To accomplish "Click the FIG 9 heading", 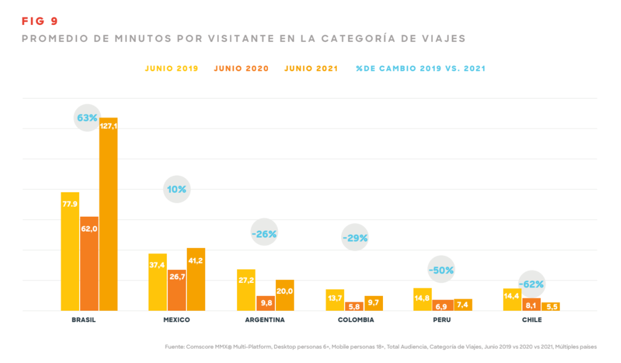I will tap(40, 21).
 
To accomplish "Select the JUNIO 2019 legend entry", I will tap(171, 68).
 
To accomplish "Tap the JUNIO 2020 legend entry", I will tap(241, 68).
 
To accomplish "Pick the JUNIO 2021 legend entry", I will tap(311, 68).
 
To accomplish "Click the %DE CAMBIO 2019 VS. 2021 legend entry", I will tap(421, 68).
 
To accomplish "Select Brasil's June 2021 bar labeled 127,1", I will tap(109, 214).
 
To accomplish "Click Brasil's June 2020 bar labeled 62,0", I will tap(89, 264).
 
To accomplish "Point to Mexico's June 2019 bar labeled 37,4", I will tap(158, 282).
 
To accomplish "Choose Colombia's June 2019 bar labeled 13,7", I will tap(335, 300).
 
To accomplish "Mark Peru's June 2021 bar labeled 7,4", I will tap(463, 305).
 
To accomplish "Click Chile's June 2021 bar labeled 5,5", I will tap(551, 307).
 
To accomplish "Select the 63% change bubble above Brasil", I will tap(87, 118).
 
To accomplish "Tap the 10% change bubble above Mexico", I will tap(176, 189).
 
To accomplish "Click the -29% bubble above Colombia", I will tap(355, 238).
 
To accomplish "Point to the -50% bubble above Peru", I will tap(441, 270).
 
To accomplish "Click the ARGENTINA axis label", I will tap(265, 320).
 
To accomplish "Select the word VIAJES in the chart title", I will tap(444, 39).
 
